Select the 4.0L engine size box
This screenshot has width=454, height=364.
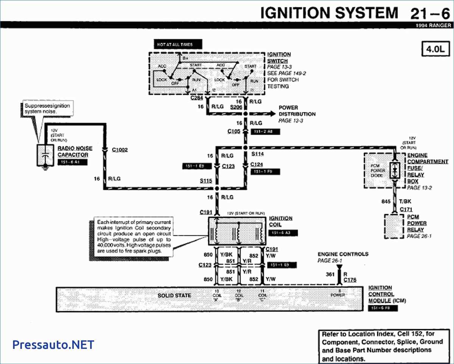(435, 48)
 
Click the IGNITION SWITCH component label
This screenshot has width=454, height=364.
(279, 58)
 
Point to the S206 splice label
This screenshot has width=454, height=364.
(236, 107)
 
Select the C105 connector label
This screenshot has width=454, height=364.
(234, 131)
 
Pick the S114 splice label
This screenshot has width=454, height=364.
(258, 154)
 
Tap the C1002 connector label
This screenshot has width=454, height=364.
(120, 150)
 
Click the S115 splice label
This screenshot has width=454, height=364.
(206, 181)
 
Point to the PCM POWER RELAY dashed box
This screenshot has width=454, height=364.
(395, 226)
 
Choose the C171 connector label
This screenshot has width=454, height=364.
(406, 209)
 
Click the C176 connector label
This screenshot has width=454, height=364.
(350, 280)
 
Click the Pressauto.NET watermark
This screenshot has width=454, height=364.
(53, 345)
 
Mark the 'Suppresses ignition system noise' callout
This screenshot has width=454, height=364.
(47, 109)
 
